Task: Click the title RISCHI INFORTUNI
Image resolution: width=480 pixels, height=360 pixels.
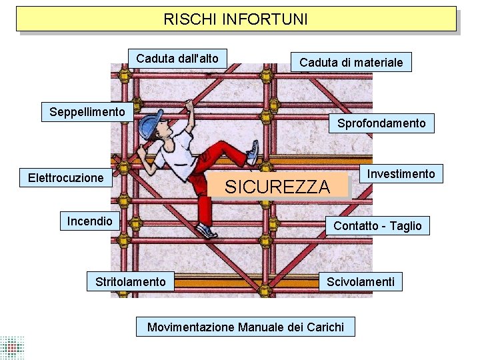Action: [236, 19]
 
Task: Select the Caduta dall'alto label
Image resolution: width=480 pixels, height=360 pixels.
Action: [177, 59]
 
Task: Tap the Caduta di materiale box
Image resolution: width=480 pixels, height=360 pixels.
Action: [351, 63]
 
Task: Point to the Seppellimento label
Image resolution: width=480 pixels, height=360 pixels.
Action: [87, 111]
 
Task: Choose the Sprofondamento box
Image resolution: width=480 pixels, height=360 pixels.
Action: [381, 123]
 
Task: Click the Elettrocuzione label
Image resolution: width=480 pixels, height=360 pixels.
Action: [65, 178]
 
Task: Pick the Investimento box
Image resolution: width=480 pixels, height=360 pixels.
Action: [401, 174]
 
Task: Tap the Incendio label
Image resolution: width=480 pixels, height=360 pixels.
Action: [89, 221]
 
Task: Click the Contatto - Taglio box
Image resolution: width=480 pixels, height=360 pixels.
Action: [377, 226]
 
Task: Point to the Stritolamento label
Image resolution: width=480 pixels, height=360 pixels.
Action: [131, 282]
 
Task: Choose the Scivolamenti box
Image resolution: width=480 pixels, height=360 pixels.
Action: [360, 282]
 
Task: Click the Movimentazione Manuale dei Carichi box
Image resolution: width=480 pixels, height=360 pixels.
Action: [245, 327]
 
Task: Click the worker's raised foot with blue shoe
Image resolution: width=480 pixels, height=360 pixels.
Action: [253, 153]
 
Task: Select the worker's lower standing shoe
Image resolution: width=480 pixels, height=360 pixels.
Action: [207, 231]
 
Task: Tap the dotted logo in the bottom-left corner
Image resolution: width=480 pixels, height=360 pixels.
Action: [12, 347]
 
